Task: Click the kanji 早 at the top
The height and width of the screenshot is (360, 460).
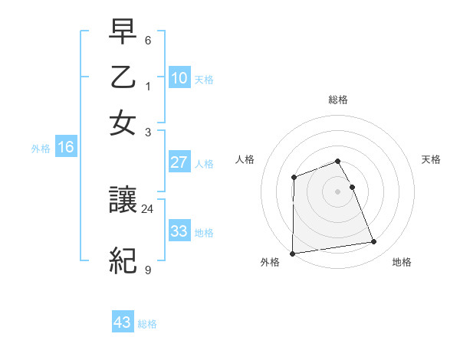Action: tap(123, 32)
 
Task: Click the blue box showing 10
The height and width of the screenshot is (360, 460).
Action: tap(179, 77)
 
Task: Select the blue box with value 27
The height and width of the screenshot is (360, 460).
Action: tap(179, 162)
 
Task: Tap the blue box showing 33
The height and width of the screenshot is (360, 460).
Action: tap(179, 231)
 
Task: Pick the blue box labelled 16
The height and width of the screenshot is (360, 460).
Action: tap(66, 148)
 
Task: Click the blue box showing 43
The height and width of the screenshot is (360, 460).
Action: tap(123, 322)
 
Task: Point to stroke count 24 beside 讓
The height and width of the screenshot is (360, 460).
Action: tap(148, 208)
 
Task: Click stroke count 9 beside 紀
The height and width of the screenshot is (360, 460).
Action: tap(148, 270)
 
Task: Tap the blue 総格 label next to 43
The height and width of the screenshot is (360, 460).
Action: tap(147, 324)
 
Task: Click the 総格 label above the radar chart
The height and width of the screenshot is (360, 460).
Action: tap(338, 100)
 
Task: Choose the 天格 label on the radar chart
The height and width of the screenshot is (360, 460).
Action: tap(432, 159)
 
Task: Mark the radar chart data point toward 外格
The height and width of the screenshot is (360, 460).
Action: tap(292, 254)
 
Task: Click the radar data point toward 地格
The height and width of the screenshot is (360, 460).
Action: tap(374, 242)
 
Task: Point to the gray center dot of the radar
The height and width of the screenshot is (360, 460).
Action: tap(338, 191)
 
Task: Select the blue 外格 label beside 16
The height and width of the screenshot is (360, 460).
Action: tap(41, 149)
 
